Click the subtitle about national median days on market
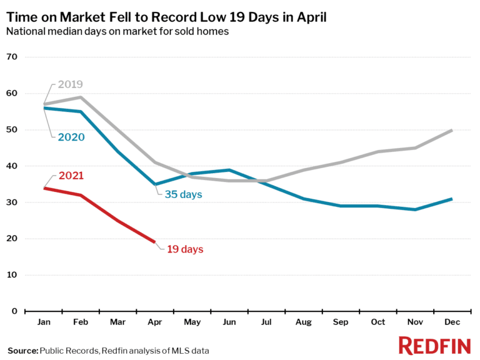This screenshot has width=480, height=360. [117, 32]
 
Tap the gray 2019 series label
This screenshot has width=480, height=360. [70, 84]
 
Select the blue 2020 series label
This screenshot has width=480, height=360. [70, 137]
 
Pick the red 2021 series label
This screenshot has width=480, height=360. [70, 176]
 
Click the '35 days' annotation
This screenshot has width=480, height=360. [184, 194]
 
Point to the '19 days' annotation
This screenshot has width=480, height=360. [185, 249]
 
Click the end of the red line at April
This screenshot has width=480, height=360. [154, 242]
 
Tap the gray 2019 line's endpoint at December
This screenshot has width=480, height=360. [452, 130]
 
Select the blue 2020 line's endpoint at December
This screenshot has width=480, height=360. [452, 199]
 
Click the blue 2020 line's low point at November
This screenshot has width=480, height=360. [414, 209]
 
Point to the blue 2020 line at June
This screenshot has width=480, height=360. [229, 170]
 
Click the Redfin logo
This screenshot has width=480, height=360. [434, 346]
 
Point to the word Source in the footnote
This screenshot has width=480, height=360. [22, 351]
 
